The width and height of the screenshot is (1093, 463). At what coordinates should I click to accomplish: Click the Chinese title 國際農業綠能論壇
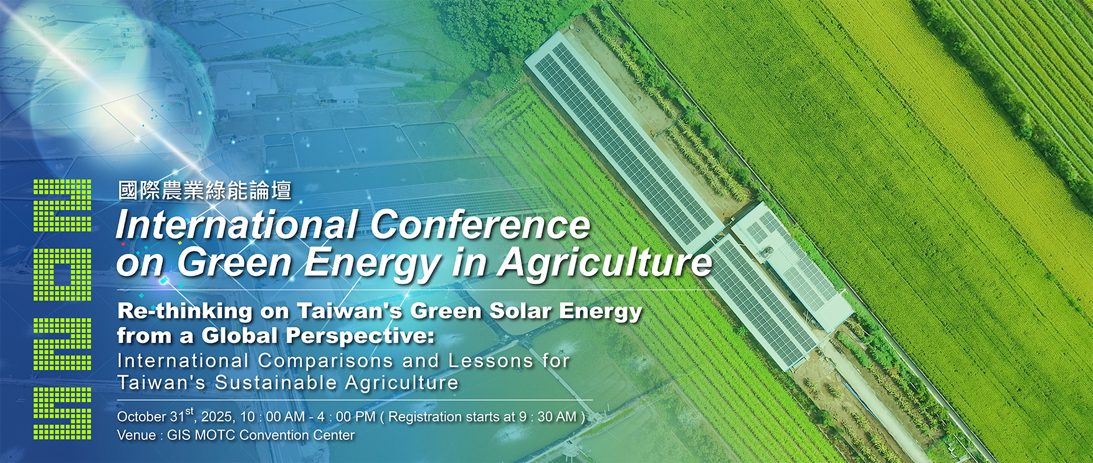tap(205, 190)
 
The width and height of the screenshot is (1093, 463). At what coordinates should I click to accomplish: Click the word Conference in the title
tap(480, 224)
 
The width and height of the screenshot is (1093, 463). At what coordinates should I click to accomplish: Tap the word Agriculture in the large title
tap(604, 263)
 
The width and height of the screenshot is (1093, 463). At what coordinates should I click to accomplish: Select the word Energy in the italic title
tap(373, 263)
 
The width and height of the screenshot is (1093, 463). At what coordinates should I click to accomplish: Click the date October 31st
tap(156, 416)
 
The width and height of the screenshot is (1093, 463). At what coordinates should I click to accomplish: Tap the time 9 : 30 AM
tap(548, 416)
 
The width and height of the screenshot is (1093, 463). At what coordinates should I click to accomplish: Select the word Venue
tap(136, 435)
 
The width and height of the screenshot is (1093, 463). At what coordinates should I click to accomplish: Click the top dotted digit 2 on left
tap(62, 205)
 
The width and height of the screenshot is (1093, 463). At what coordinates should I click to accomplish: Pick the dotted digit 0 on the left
tap(62, 275)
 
